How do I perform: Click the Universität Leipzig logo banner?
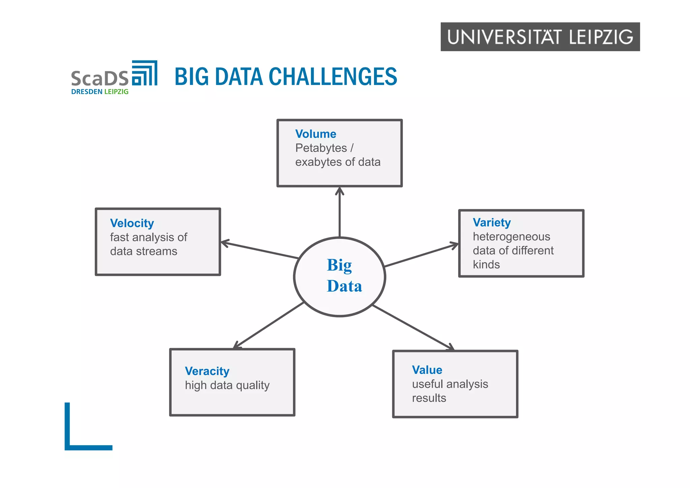540,37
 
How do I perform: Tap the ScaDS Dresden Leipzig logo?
114,78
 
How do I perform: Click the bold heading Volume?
316,134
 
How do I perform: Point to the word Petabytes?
321,148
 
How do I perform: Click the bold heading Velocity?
132,223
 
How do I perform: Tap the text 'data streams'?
144,251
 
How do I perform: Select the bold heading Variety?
492,222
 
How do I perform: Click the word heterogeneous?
511,237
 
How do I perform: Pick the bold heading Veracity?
207,371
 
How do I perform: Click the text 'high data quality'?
227,385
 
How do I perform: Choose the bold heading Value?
427,370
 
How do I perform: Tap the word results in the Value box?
429,398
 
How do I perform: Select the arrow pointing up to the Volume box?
340,212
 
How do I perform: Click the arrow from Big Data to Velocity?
259,250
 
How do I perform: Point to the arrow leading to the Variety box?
421,255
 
